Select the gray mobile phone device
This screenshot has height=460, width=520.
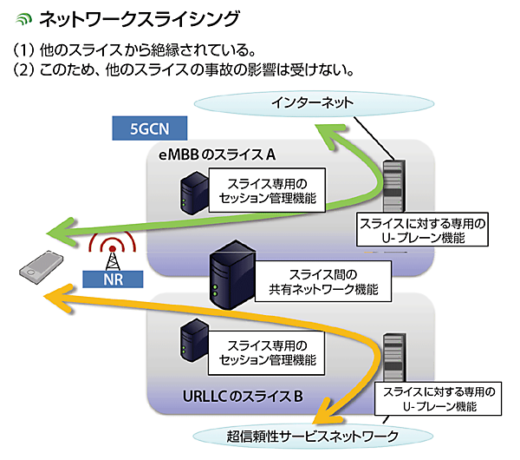(34, 272)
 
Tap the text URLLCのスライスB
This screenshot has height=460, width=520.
(242, 397)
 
